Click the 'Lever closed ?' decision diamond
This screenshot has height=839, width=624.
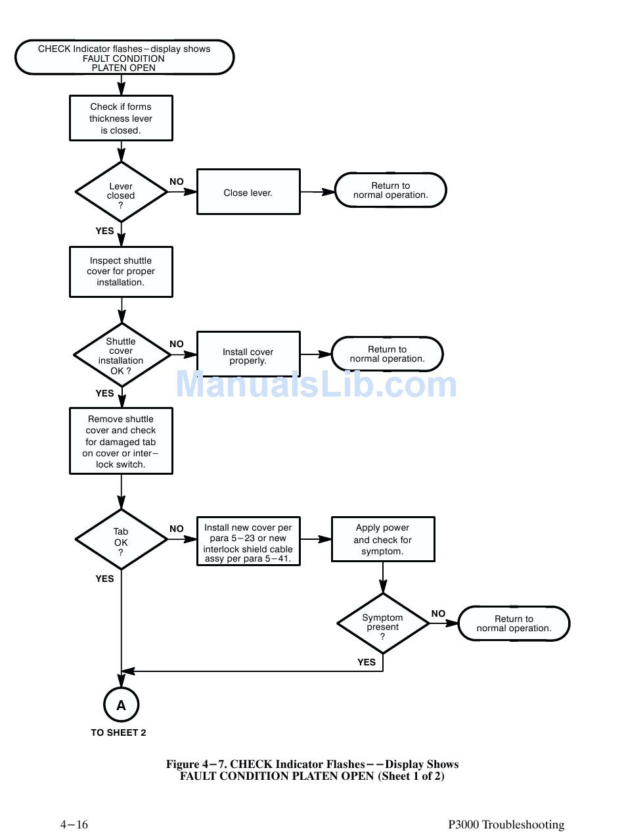pos(121,192)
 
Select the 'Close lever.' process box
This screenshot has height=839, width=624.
pos(248,192)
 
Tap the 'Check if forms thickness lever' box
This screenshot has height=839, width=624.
pos(121,118)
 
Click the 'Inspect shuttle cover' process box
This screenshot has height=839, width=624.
pos(121,272)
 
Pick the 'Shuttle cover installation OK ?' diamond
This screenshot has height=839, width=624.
pos(122,354)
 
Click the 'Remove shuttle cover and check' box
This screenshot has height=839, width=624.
pos(121,441)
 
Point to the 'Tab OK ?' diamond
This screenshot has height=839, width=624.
pos(121,540)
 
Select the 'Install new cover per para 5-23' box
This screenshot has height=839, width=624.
pos(248,542)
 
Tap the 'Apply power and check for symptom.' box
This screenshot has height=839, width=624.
pos(383,539)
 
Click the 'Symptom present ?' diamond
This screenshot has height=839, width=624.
pos(383,623)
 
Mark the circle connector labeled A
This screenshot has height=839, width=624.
pos(121,705)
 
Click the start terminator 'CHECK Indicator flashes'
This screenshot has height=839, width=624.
pos(124,58)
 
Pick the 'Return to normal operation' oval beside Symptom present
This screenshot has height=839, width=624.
pos(514,623)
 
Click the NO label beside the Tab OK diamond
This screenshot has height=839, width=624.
pos(177,529)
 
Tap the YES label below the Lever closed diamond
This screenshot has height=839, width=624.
pos(105,231)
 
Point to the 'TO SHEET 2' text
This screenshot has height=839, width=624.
pos(119,732)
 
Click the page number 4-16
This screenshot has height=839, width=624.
pos(74,825)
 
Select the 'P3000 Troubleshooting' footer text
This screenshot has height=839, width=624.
pos(506,825)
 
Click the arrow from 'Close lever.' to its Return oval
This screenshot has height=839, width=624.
pos(317,192)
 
